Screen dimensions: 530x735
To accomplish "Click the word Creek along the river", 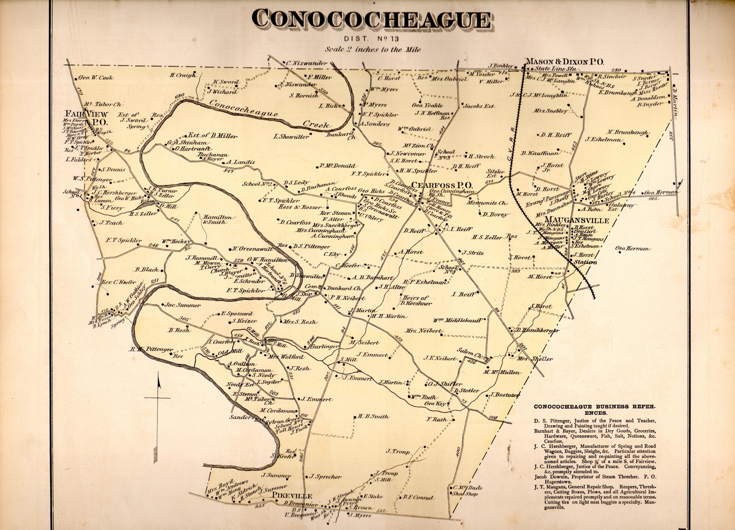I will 317,124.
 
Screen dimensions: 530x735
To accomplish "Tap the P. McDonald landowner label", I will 337,166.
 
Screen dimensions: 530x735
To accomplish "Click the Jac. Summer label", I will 177,305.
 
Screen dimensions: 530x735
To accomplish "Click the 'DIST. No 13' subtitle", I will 373,38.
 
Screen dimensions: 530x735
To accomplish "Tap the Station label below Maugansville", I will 585,262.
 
